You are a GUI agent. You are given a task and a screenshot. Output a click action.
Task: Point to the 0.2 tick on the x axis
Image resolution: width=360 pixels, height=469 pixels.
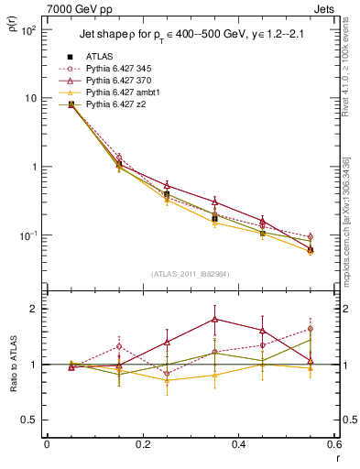(x=142, y=443)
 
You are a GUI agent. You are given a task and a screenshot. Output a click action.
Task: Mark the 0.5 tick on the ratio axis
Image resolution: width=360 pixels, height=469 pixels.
(x=35, y=420)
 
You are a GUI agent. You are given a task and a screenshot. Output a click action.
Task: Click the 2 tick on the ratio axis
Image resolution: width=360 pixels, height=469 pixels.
(x=38, y=309)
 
